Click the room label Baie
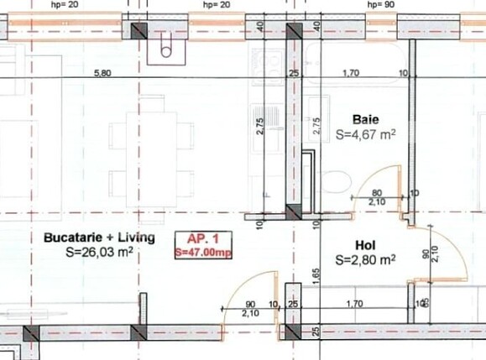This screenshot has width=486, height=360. tap(365, 120)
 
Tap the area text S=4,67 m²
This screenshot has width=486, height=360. tap(365, 133)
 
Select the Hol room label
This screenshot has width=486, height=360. tap(364, 246)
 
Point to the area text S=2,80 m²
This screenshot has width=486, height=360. tap(365, 260)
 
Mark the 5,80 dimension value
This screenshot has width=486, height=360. tap(102, 73)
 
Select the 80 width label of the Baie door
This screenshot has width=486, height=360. tap(377, 193)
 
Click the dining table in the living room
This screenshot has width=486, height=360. tap(152, 151)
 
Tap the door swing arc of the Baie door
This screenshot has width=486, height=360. tap(369, 180)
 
